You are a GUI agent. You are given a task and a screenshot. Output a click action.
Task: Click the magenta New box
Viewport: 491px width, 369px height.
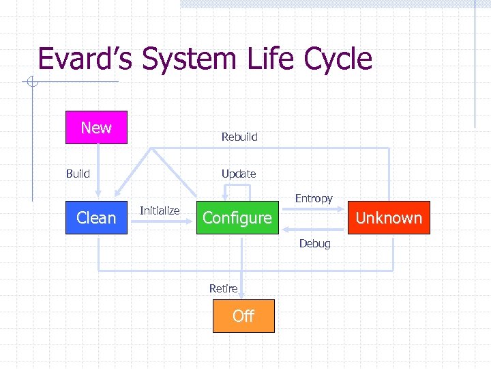(x=96, y=128)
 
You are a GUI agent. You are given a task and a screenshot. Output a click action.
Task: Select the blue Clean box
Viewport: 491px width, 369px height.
(x=96, y=218)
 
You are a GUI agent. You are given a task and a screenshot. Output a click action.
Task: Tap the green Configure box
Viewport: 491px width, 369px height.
(x=237, y=218)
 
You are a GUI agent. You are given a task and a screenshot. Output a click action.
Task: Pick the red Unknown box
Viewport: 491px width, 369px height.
(x=389, y=218)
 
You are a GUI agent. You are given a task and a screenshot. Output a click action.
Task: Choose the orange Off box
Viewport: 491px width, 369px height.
(x=243, y=316)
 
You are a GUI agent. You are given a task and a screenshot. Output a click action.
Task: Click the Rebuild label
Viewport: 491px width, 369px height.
(x=239, y=137)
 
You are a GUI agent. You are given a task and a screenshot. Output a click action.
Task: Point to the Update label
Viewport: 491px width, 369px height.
(x=239, y=174)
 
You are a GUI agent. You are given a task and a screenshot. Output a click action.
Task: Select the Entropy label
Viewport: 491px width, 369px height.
(x=314, y=198)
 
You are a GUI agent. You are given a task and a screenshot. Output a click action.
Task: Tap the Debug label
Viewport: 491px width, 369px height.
(x=314, y=243)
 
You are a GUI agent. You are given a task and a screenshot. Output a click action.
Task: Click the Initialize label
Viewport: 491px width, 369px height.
(x=160, y=210)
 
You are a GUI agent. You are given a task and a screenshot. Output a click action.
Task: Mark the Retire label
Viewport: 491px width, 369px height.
(x=223, y=288)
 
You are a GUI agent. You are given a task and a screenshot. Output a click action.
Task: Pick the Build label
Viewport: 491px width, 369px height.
(x=78, y=174)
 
